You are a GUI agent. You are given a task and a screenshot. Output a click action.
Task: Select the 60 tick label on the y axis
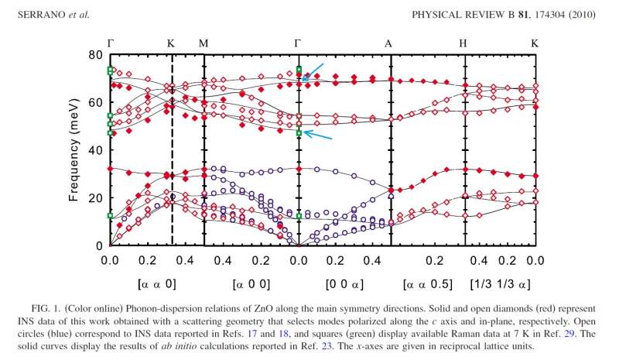(x=96, y=102)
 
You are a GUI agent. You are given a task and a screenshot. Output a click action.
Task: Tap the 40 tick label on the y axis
(x=96, y=150)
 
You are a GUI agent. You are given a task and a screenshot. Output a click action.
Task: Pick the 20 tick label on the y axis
(x=96, y=198)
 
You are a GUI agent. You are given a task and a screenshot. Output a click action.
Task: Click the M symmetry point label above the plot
(x=203, y=43)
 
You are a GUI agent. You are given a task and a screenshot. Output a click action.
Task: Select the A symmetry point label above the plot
(x=389, y=43)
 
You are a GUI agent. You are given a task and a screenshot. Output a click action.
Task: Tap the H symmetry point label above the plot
(x=463, y=43)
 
